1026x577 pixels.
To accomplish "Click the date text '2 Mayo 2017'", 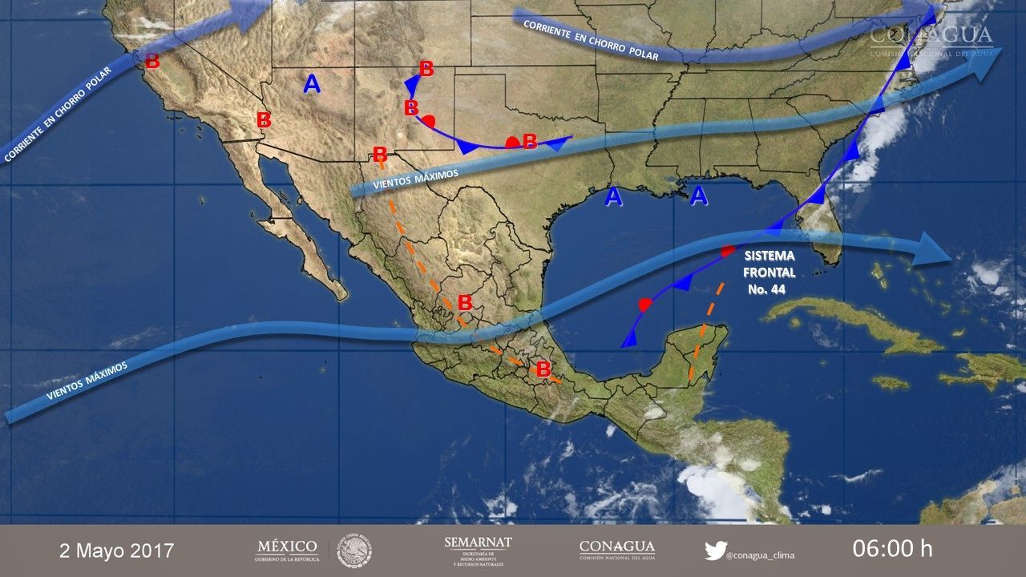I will click(x=116, y=551).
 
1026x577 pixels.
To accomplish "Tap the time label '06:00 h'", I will click(x=892, y=549).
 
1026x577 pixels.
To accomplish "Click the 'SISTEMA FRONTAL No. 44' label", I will click(x=769, y=272).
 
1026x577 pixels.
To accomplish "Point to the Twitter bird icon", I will click(x=715, y=551).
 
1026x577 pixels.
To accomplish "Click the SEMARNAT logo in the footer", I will click(x=478, y=550).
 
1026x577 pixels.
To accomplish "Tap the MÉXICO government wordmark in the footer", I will click(x=287, y=550).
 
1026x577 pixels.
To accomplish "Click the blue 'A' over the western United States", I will click(x=312, y=83).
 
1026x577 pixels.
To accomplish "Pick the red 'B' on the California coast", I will click(x=151, y=60).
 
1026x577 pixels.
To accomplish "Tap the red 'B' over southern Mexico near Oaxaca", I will click(x=543, y=369).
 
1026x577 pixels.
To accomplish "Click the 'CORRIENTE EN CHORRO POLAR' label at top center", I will click(x=590, y=40).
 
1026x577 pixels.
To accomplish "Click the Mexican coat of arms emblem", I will click(x=353, y=551).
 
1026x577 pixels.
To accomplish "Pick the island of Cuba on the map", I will click(x=850, y=321).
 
